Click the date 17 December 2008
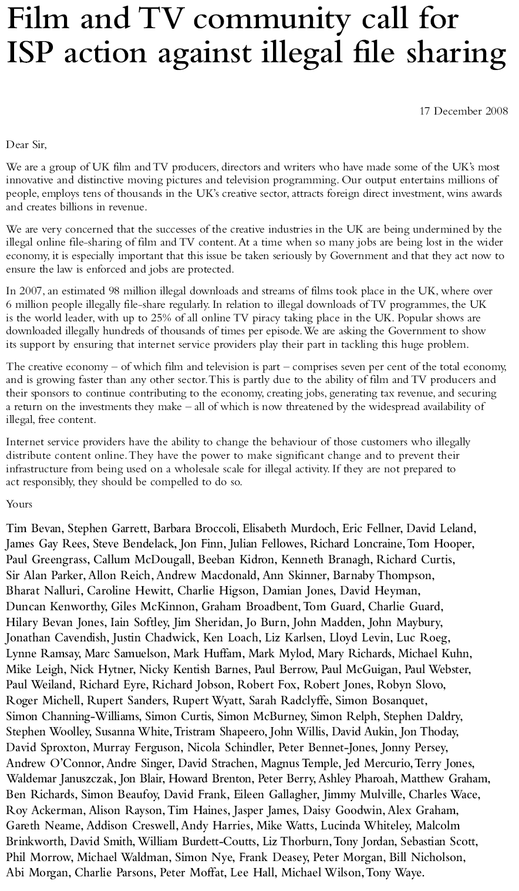[x=464, y=111]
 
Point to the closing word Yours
[x=19, y=504]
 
